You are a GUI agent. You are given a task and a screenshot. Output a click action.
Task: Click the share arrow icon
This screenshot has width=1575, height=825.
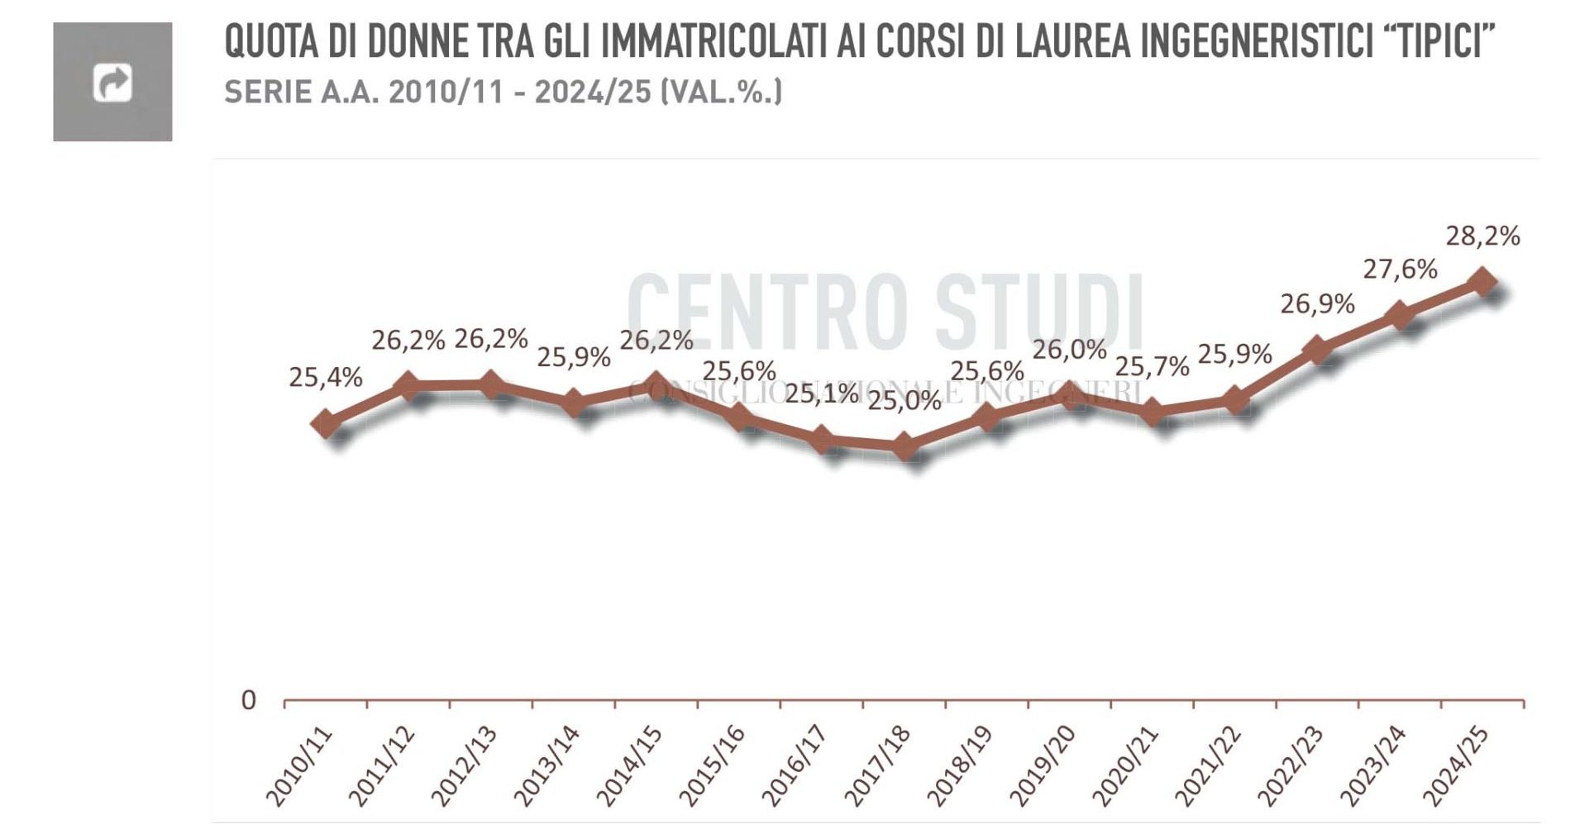tap(112, 83)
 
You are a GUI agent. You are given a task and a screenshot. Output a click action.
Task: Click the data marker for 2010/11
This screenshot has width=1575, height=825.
tap(326, 423)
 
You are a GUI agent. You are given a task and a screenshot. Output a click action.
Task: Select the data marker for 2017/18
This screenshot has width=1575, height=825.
tap(904, 446)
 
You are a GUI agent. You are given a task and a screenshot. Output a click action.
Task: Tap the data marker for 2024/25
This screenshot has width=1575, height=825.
tap(1482, 281)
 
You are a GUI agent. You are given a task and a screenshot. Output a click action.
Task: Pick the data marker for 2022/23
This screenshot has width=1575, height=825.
tap(1317, 350)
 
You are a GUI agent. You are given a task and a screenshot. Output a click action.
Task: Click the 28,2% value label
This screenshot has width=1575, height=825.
tap(1482, 236)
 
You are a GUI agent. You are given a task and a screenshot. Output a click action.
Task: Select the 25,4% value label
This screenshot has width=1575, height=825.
tap(326, 378)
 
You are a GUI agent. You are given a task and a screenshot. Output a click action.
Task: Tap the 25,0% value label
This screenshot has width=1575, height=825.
tap(904, 402)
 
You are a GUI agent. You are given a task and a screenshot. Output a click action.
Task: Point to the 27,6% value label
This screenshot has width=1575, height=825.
tap(1400, 269)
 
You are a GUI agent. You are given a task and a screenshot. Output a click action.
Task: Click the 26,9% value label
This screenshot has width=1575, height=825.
tap(1317, 304)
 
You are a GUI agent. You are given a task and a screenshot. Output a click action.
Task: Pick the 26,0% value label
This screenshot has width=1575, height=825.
tap(1069, 350)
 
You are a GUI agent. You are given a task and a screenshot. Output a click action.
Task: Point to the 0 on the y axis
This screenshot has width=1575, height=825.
tap(248, 701)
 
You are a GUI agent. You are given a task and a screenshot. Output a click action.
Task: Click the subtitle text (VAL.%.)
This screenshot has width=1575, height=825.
tap(721, 92)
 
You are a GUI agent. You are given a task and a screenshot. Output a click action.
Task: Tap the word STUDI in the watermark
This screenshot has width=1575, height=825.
tap(1039, 312)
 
